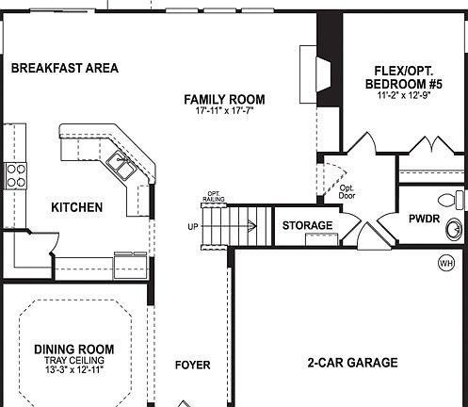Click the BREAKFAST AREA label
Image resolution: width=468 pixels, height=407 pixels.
coord(64,68)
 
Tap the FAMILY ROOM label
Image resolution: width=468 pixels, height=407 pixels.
coord(224,99)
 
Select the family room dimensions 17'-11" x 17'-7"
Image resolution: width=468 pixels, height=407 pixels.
coord(224,112)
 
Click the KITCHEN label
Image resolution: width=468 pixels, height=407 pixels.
coord(77,207)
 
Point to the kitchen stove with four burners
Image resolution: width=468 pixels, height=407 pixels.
coord(16,173)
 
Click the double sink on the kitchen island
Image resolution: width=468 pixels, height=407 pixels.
coord(121,166)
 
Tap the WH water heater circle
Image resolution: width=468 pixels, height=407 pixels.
coord(446,263)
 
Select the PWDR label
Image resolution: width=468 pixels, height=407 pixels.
coord(419,226)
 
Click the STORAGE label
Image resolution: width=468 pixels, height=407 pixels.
coord(308,226)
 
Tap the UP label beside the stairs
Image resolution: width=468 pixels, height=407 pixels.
coord(193,227)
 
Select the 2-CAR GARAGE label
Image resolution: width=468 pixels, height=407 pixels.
coord(353,363)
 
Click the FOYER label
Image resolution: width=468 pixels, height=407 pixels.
coord(193,366)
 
